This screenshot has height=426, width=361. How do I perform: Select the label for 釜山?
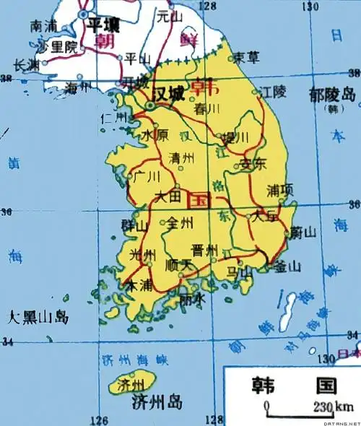pos(287,266)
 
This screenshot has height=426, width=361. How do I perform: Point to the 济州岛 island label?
pos(154,403)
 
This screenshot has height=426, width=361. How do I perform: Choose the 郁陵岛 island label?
pos(331,95)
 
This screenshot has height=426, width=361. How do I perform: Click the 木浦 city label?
pos(140,286)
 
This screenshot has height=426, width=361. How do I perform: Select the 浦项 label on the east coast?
pos(279,191)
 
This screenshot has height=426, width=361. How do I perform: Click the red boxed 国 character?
pos(199,199)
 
